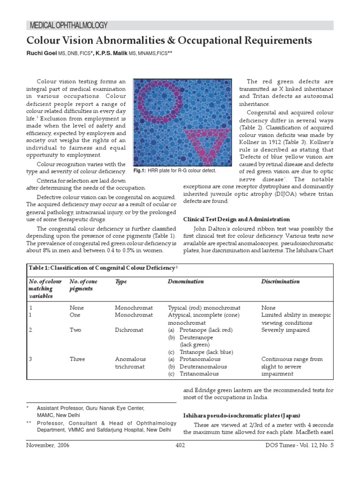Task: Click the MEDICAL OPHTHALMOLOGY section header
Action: point(69,25)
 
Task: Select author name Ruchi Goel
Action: point(42,54)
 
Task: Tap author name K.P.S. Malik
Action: point(112,54)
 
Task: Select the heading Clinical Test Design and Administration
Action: point(236,219)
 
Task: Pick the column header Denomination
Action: point(186,281)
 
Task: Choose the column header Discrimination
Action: point(280,281)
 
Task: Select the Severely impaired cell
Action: point(285,330)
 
